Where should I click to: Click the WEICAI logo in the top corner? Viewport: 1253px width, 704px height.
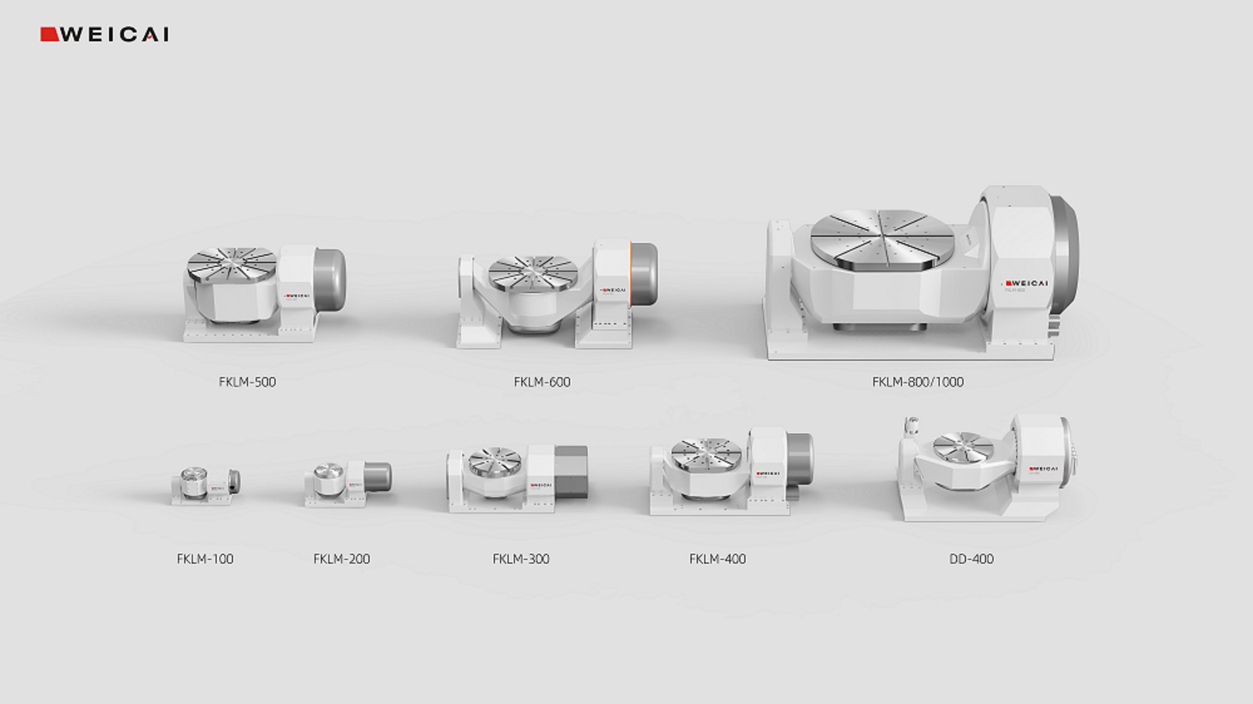click(104, 34)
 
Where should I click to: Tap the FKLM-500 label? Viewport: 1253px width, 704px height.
click(247, 382)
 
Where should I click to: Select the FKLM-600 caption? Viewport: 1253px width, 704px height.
click(542, 382)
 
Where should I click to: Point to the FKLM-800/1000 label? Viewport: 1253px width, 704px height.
click(918, 382)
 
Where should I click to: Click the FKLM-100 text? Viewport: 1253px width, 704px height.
click(205, 559)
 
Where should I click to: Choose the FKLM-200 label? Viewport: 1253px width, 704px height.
click(341, 559)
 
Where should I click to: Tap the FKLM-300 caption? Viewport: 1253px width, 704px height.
click(521, 559)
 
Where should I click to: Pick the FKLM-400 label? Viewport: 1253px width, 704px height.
click(717, 559)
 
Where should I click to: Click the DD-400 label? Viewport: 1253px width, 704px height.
click(971, 559)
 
